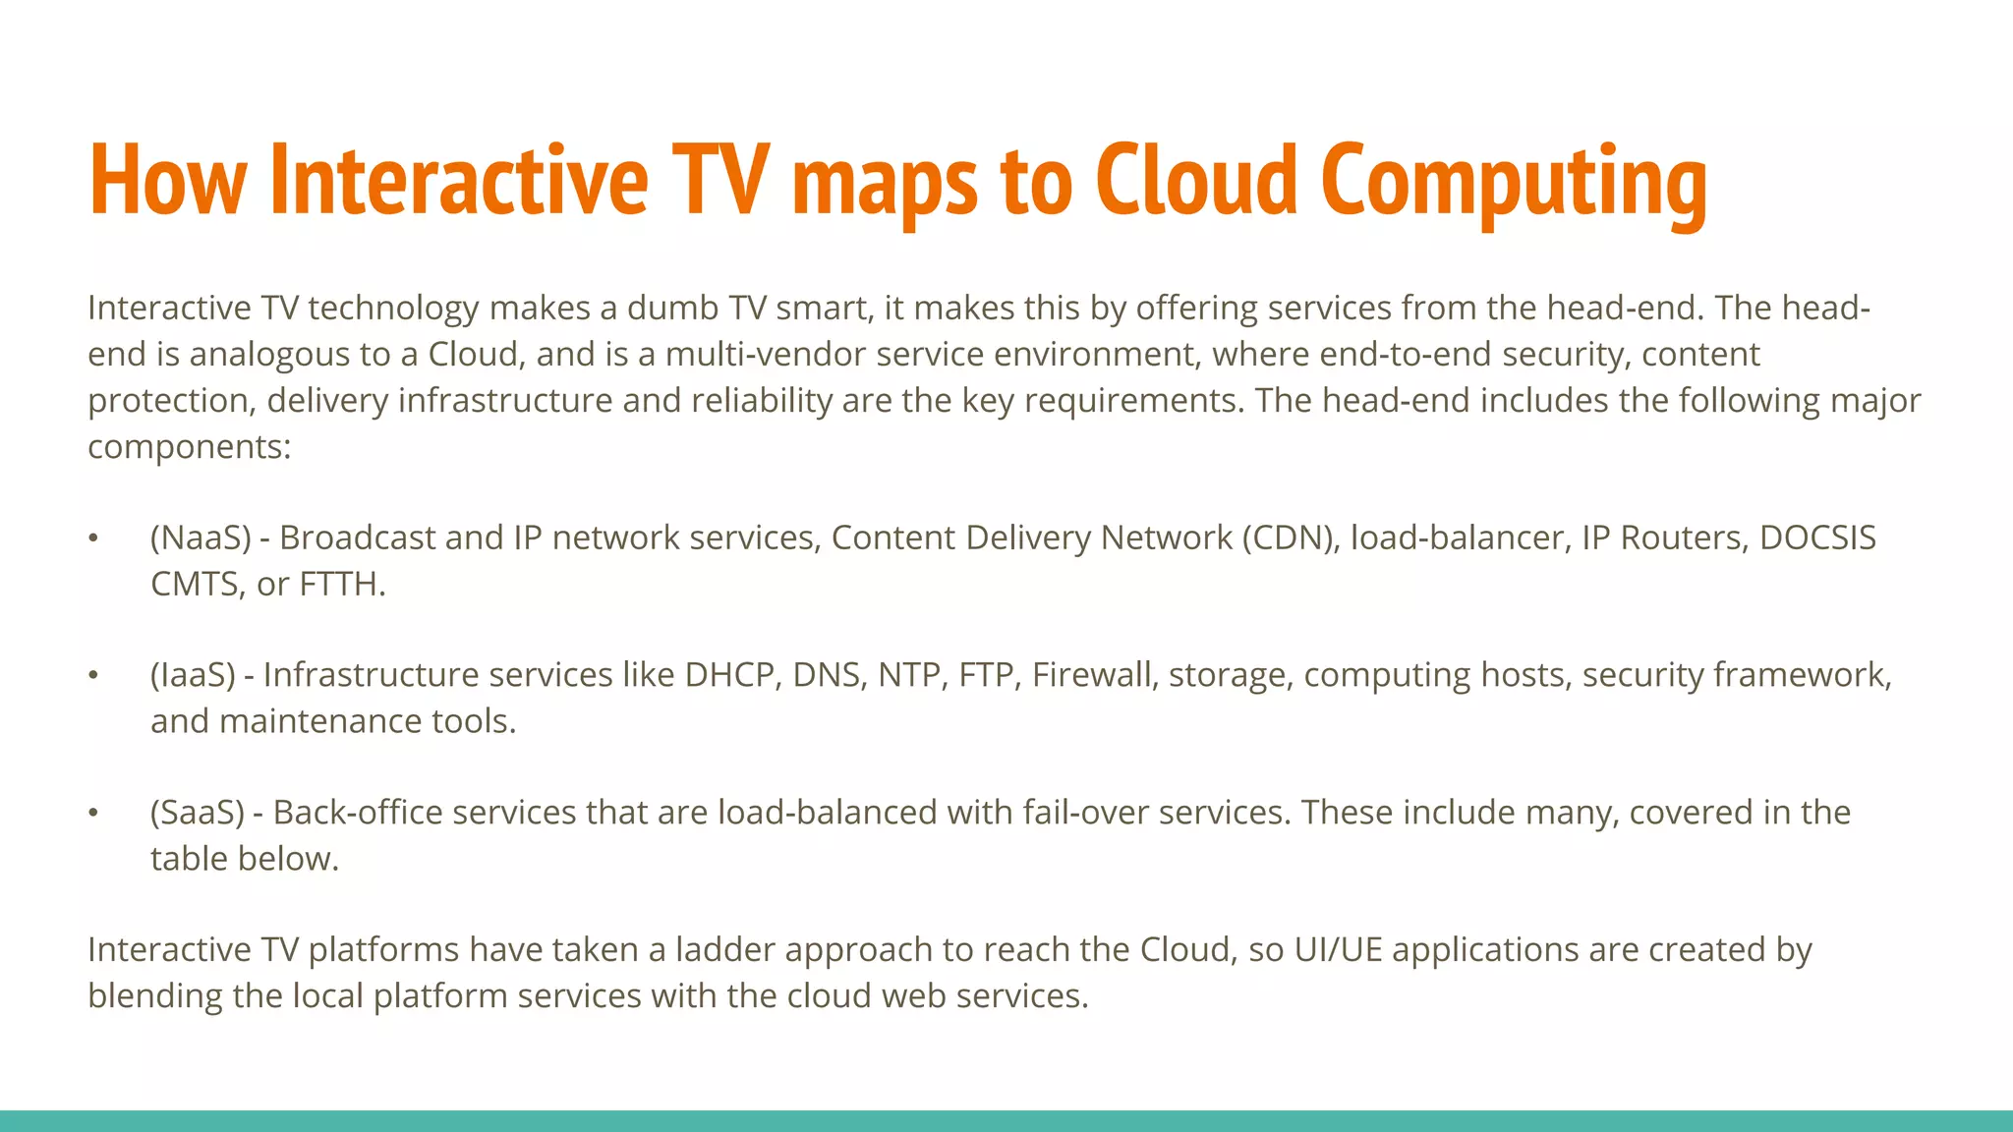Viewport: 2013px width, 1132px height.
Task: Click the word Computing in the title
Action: tap(1514, 181)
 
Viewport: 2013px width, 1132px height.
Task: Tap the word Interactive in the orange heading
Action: tap(458, 181)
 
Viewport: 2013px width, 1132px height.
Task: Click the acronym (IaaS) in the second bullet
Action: tap(193, 674)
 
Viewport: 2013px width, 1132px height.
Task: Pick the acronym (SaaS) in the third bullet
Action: tap(197, 812)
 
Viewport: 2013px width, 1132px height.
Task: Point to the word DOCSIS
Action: tap(1817, 538)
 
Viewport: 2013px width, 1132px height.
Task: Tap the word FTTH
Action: tap(342, 584)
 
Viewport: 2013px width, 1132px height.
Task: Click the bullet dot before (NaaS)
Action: tap(93, 538)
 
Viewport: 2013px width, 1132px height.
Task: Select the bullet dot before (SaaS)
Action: tap(93, 813)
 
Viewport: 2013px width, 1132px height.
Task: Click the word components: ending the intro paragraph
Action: tap(190, 447)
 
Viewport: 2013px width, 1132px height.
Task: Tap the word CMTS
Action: tap(195, 584)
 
